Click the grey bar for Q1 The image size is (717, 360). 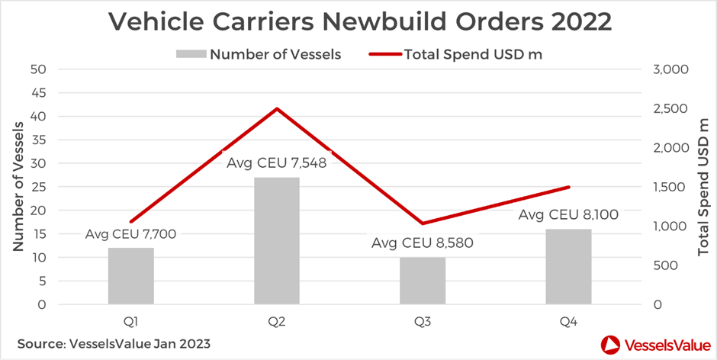tap(131, 276)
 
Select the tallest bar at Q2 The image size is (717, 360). tap(277, 241)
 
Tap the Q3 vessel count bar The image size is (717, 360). tap(423, 281)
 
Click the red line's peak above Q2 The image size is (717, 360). tap(277, 109)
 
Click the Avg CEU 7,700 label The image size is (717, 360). tap(131, 234)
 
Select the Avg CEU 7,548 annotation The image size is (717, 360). tap(277, 162)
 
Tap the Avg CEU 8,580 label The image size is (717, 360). tap(422, 244)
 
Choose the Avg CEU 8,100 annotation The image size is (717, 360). tap(568, 215)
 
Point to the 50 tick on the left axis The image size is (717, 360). tap(37, 69)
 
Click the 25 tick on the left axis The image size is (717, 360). tap(37, 187)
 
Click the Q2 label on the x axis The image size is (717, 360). tap(277, 322)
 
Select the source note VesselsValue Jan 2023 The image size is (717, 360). tap(114, 343)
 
